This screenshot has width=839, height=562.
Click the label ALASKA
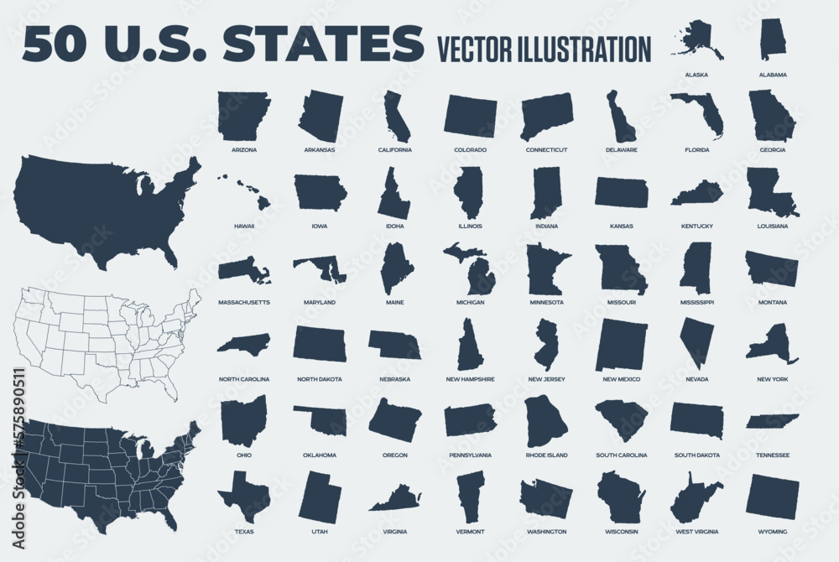coord(696,75)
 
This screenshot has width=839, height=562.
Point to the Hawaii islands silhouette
coord(245,192)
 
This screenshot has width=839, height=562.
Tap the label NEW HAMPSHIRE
coord(470,379)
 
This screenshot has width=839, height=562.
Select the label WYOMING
coord(772,532)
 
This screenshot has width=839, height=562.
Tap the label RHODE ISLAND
coord(545,455)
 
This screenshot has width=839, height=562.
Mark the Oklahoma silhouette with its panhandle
coord(323,419)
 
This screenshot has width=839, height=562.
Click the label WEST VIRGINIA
coord(696,532)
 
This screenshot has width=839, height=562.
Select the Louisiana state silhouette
coord(769,192)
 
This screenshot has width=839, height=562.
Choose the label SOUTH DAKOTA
coord(696,455)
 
